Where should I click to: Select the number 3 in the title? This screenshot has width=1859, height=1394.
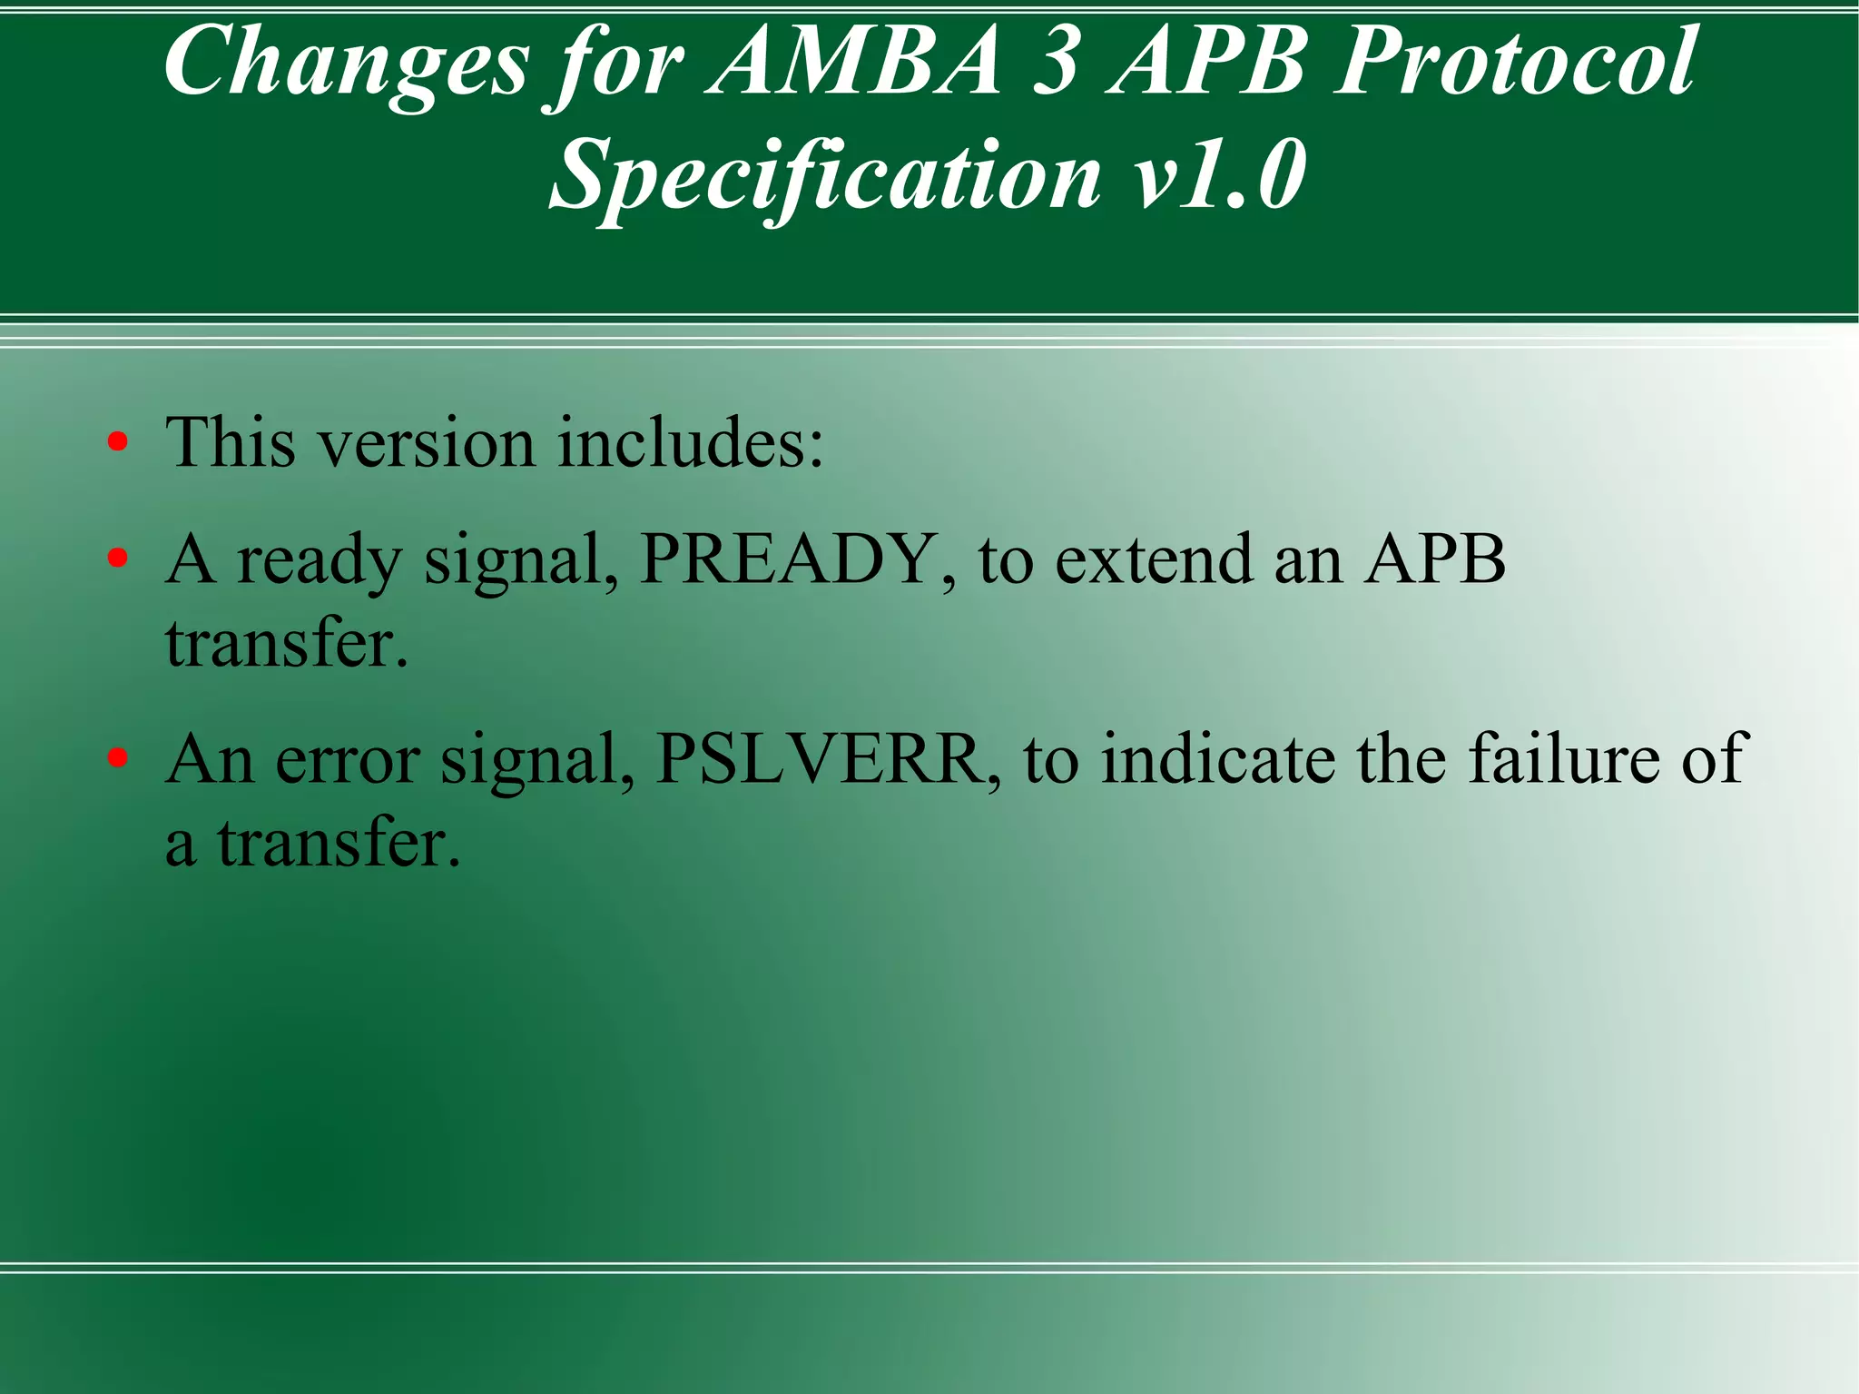(1056, 62)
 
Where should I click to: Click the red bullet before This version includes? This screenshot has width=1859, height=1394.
(117, 443)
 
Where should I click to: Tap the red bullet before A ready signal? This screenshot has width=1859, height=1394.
(117, 559)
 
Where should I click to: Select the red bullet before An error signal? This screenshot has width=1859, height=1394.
(117, 758)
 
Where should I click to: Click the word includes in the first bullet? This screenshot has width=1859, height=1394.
(690, 443)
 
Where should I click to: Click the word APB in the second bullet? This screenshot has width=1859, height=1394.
(1434, 559)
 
